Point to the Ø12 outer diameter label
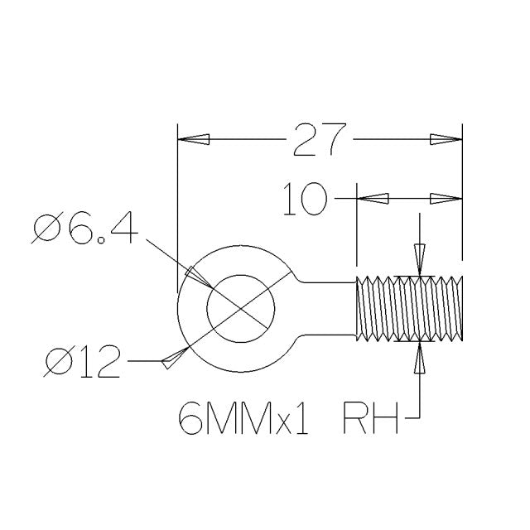[x=82, y=362]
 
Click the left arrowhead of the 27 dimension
[x=194, y=140]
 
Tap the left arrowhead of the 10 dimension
[x=372, y=199]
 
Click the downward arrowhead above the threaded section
[x=421, y=260]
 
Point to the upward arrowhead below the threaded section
[x=421, y=358]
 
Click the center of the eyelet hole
[x=240, y=310]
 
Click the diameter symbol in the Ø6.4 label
[x=46, y=229]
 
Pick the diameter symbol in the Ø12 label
[x=60, y=362]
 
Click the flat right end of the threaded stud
[x=460, y=309]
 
